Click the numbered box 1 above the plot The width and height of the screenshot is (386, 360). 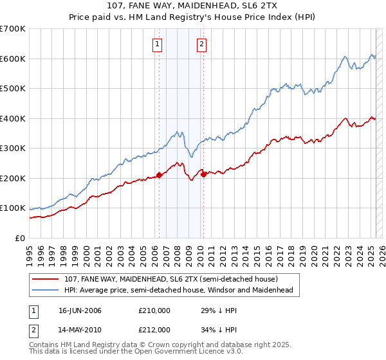pos(158,44)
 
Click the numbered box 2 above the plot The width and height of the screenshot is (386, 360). pos(201,44)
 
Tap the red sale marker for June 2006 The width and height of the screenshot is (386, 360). pos(159,175)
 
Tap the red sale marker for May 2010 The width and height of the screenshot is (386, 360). pos(203,174)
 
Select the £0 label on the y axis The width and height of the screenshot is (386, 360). pos(19,239)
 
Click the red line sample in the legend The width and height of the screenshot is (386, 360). pos(46,279)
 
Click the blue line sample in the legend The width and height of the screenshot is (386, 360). pos(46,290)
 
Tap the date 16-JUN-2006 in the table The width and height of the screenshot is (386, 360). pos(80,310)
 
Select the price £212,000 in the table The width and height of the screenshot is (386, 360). pos(154,330)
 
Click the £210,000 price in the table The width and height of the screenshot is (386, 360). pos(154,310)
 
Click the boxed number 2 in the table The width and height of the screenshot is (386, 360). pos(34,330)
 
